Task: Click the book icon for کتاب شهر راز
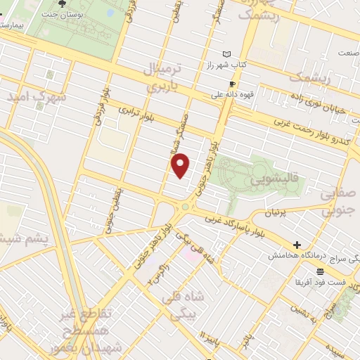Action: point(226,54)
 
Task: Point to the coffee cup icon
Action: point(232,83)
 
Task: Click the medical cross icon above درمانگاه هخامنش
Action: point(297,245)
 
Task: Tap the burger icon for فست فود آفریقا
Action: point(320,271)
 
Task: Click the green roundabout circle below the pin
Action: point(186,206)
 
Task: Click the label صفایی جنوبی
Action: point(335,200)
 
